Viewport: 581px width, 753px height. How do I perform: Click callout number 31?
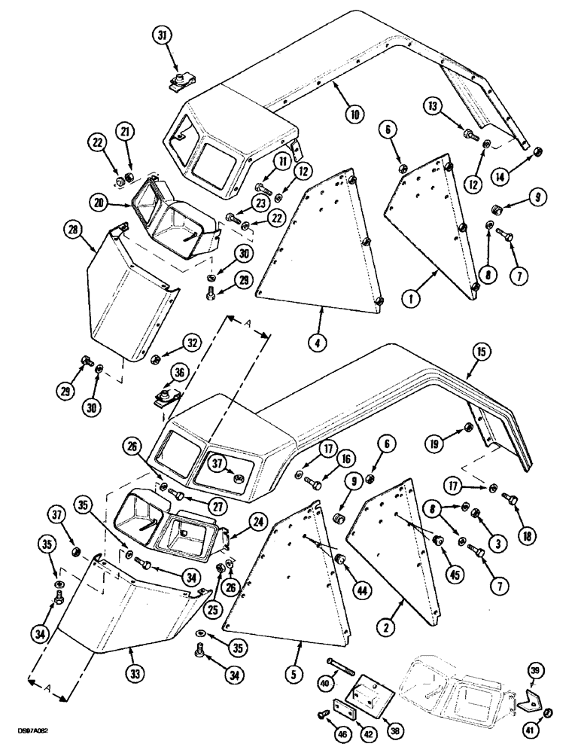pos(165,35)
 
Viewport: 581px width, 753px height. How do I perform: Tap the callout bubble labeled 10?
pos(354,114)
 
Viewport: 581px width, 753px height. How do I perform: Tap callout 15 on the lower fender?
pos(482,350)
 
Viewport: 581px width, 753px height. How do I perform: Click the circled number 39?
pos(534,671)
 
